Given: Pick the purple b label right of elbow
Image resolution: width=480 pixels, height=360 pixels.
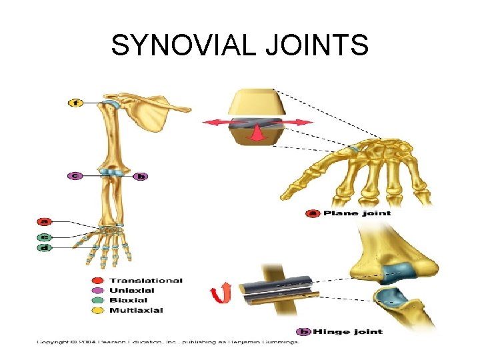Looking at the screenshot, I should pos(140,176).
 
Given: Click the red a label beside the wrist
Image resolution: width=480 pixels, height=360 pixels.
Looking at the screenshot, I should pos(45,221).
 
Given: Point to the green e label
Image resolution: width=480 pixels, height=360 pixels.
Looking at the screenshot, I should pos(45,236).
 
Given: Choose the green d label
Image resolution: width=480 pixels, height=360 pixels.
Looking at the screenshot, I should pos(45,247).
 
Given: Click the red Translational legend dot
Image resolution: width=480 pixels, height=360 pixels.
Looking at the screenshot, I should pos(99,281).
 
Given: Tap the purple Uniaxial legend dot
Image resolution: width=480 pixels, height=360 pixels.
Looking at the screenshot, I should pos(99,290).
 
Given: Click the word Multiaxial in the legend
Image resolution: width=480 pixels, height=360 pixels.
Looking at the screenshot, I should pos(136,310).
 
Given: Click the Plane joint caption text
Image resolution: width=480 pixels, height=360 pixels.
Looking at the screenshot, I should pos(357,213).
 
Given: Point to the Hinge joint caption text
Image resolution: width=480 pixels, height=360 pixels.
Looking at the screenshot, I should pos(349,331).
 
